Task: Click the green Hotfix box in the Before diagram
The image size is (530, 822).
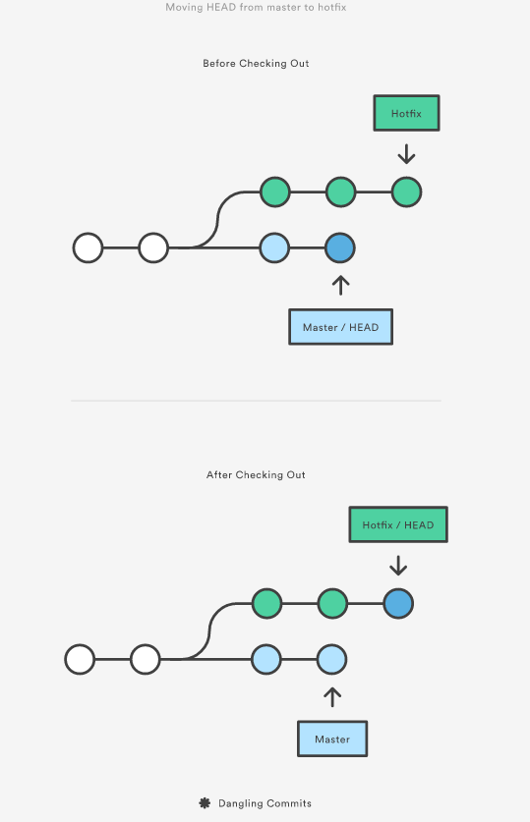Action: [x=406, y=113]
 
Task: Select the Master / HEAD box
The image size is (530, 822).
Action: [x=340, y=327]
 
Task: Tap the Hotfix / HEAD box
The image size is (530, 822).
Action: [x=398, y=524]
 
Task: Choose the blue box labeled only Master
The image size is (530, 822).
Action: [x=332, y=739]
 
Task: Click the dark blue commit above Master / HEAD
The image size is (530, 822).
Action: [x=340, y=247]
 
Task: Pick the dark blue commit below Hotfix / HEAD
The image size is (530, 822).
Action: [x=398, y=604]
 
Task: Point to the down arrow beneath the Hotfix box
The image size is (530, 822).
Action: [x=406, y=154]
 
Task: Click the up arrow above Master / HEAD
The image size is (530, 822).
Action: [x=340, y=285]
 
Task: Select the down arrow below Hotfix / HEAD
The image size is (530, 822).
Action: [x=398, y=566]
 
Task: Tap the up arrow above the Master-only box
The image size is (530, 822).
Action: [x=332, y=697]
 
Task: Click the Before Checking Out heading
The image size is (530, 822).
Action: [x=256, y=64]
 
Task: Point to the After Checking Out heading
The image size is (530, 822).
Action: [x=256, y=475]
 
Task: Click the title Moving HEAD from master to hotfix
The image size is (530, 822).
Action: [x=256, y=7]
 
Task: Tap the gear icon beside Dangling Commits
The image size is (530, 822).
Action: [x=205, y=802]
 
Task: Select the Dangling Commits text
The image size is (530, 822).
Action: [x=265, y=803]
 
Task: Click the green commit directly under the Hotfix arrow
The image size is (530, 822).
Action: [x=406, y=192]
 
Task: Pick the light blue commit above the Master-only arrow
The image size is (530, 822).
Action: [x=331, y=660]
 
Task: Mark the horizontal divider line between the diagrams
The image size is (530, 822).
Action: [x=256, y=401]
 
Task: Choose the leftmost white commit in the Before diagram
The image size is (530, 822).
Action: [x=88, y=247]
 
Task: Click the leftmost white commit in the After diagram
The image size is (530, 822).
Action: [x=80, y=660]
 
